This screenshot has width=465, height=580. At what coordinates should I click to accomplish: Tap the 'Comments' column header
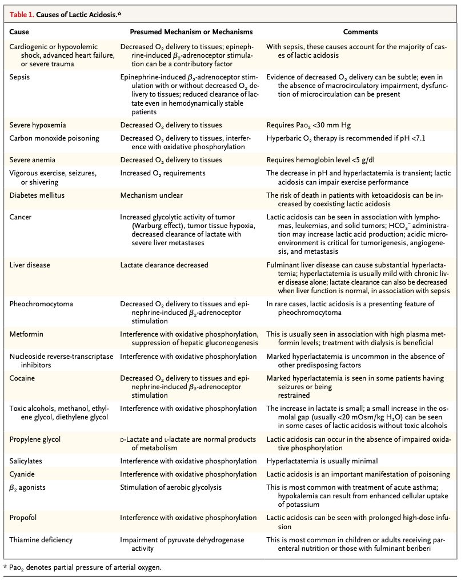[x=360, y=32]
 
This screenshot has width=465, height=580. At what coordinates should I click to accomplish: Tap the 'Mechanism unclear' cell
[x=151, y=195]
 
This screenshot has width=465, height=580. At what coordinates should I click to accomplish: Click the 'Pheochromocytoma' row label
[x=41, y=303]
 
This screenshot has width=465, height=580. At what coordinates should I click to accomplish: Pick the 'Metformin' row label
[x=26, y=334]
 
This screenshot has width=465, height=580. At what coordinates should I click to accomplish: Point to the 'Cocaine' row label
[x=23, y=378]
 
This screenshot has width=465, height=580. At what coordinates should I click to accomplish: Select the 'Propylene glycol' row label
[x=35, y=439]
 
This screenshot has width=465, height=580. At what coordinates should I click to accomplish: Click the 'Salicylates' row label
[x=26, y=461]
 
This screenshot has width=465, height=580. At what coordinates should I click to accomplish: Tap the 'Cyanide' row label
[x=22, y=474]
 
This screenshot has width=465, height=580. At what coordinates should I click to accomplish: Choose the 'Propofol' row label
[x=24, y=518]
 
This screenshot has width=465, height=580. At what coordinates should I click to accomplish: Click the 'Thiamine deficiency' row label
[x=41, y=539]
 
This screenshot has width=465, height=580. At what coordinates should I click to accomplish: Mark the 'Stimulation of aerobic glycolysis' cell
[x=171, y=487]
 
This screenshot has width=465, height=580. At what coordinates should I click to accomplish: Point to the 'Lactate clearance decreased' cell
[x=164, y=265]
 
